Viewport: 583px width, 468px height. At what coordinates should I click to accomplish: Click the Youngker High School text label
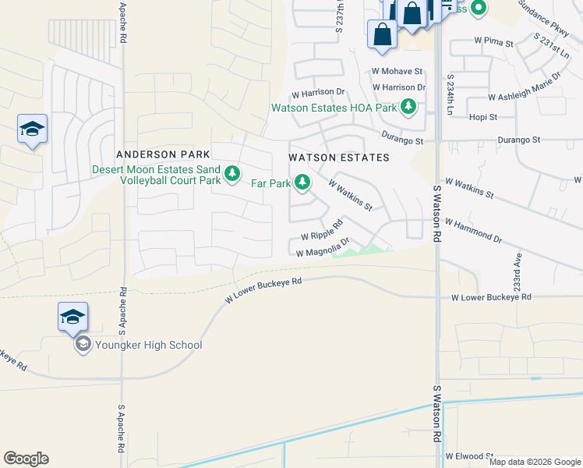[x=148, y=345]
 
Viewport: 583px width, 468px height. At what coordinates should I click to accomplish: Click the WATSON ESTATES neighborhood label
[x=339, y=158]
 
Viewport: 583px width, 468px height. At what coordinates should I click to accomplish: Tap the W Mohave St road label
[x=397, y=71]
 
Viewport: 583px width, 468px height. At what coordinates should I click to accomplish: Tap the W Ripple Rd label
[x=322, y=232]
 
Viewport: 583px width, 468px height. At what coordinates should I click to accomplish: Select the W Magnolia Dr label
[x=321, y=250]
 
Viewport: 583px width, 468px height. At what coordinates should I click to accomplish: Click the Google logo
[x=26, y=459]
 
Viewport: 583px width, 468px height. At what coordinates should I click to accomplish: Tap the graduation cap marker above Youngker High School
[x=72, y=317]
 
